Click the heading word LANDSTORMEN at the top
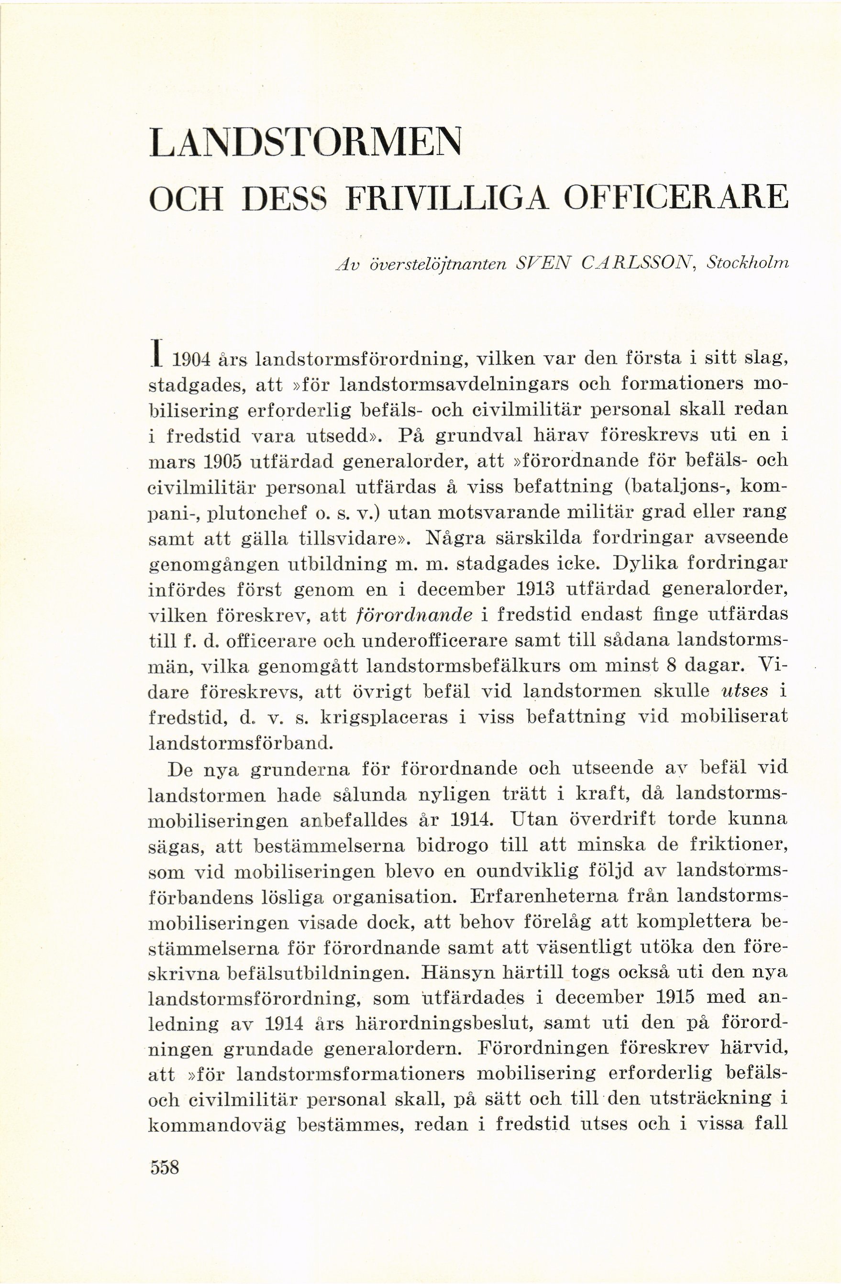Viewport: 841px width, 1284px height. tap(306, 143)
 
